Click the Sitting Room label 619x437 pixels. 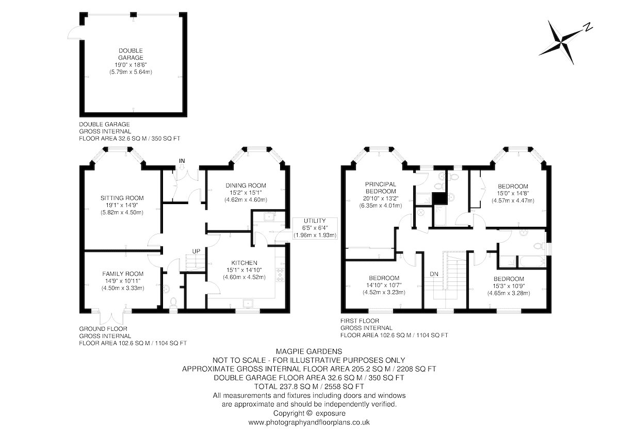tap(122, 198)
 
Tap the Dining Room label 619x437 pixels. tap(246, 186)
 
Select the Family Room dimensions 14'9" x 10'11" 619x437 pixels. tap(123, 281)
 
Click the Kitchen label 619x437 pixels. tap(244, 263)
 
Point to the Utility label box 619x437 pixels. tap(315, 228)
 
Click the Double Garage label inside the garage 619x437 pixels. tap(131, 54)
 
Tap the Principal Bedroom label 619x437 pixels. tap(381, 188)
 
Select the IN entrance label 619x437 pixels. tap(182, 161)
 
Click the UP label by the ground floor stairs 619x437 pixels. tap(196, 251)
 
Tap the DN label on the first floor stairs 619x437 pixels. tap(434, 274)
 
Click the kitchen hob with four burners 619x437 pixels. tap(280, 275)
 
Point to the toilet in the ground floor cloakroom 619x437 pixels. tap(173, 302)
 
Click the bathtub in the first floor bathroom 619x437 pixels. tap(532, 261)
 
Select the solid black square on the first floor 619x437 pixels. tap(439, 198)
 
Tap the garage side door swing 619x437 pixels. tap(74, 32)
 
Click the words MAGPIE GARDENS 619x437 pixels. tap(309, 351)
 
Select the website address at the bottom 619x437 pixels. tap(309, 423)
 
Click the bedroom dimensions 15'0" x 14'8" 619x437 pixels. tap(513, 194)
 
